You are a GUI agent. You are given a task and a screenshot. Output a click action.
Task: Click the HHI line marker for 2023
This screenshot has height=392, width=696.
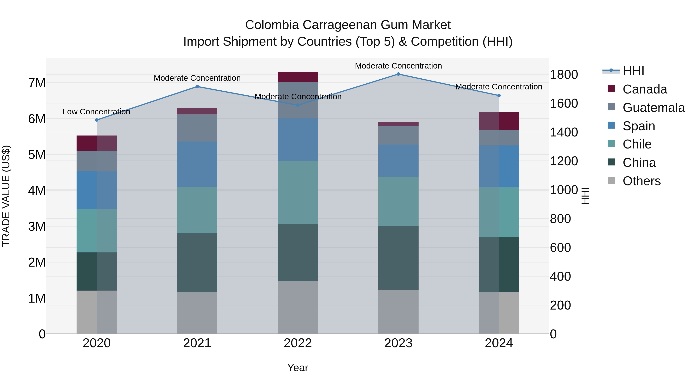[398, 74]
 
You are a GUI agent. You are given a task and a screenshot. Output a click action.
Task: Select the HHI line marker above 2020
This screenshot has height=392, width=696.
[97, 120]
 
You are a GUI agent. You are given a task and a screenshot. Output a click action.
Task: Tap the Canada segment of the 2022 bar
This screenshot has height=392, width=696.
[298, 77]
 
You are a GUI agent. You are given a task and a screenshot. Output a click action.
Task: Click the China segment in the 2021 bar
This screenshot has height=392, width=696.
[197, 262]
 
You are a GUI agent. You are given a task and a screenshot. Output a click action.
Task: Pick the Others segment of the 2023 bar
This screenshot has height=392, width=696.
[398, 312]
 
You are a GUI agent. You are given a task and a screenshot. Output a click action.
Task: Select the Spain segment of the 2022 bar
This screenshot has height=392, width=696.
[298, 140]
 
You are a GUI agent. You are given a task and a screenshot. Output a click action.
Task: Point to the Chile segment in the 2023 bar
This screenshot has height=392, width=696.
[398, 202]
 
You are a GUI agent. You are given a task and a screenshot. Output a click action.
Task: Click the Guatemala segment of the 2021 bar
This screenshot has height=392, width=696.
[197, 128]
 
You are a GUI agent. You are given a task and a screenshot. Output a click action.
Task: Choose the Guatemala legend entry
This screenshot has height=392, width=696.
[653, 108]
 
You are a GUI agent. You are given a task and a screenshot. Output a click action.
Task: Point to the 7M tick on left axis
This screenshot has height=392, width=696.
[37, 83]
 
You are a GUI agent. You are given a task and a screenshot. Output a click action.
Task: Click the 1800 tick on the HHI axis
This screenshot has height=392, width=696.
[564, 75]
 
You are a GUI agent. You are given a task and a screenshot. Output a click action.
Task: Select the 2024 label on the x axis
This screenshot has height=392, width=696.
[499, 343]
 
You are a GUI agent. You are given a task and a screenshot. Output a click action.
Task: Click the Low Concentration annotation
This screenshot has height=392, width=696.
[96, 112]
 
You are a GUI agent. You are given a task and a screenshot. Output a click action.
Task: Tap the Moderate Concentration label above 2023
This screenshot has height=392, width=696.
[398, 66]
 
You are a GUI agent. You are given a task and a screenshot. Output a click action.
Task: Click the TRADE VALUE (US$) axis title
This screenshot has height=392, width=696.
[6, 196]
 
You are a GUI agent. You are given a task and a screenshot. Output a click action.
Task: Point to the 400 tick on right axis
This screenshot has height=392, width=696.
[560, 276]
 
